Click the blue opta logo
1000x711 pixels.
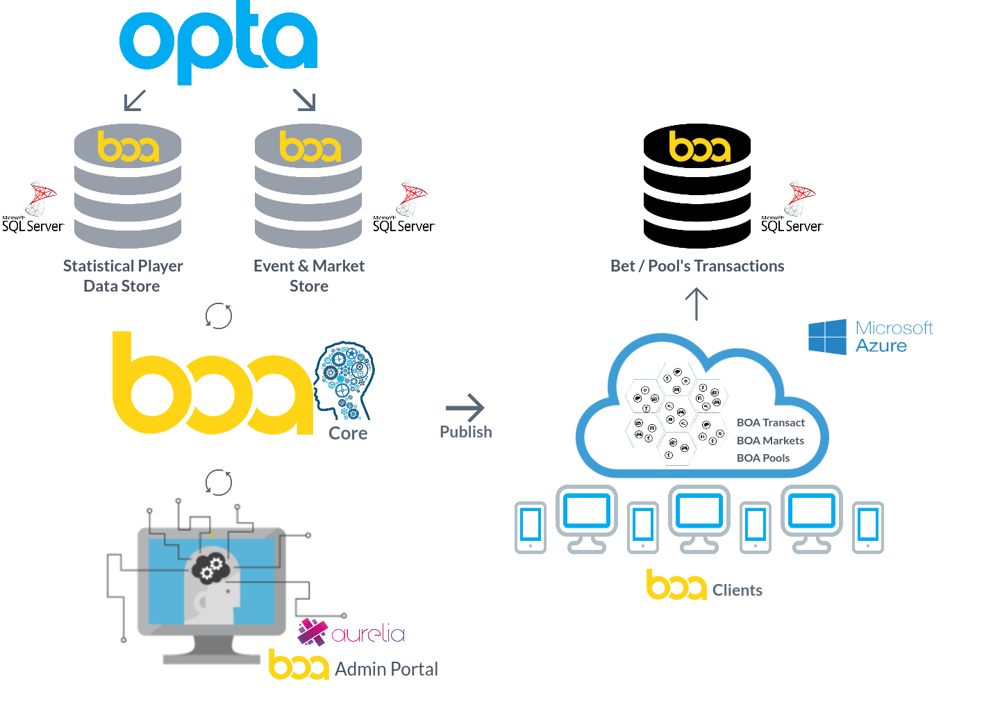coord(218,42)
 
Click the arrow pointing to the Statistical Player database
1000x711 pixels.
coord(135,100)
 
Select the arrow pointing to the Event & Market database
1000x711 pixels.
coord(304,99)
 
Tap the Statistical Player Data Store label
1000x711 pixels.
coord(123,276)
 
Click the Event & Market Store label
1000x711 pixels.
coord(309,276)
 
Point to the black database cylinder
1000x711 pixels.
coord(697,185)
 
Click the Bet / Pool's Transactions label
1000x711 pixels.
coord(697,266)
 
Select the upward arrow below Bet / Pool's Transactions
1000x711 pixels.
coord(697,304)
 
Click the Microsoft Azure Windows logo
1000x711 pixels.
coord(827,337)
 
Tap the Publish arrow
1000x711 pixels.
coord(465,407)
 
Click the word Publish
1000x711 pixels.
coord(465,432)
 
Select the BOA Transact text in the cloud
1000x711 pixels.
coord(771,423)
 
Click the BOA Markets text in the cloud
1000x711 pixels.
coord(770,440)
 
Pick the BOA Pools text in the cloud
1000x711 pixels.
coord(763,458)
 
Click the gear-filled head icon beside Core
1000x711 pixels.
coord(344,380)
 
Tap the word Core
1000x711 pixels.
coord(348,433)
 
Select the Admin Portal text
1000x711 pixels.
coord(387,669)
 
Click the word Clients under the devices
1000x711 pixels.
coord(737,590)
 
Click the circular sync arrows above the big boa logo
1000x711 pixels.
coord(218,316)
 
